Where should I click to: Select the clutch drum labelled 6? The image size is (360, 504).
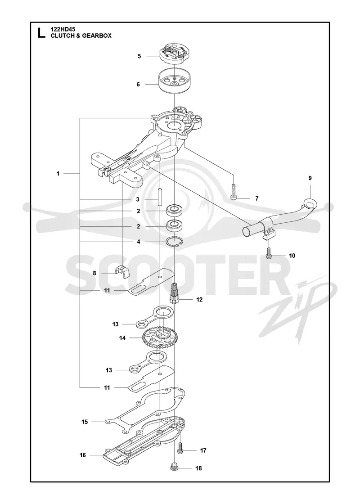pos(174,81)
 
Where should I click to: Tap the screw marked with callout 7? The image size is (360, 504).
pos(234,191)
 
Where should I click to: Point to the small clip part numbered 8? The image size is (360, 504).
pos(123,272)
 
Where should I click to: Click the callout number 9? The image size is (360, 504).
pos(310,178)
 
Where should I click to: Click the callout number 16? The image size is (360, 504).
pos(83,455)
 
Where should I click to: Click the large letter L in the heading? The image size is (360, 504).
pos(41,33)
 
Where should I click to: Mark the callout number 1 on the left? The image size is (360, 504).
pos(58,174)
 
